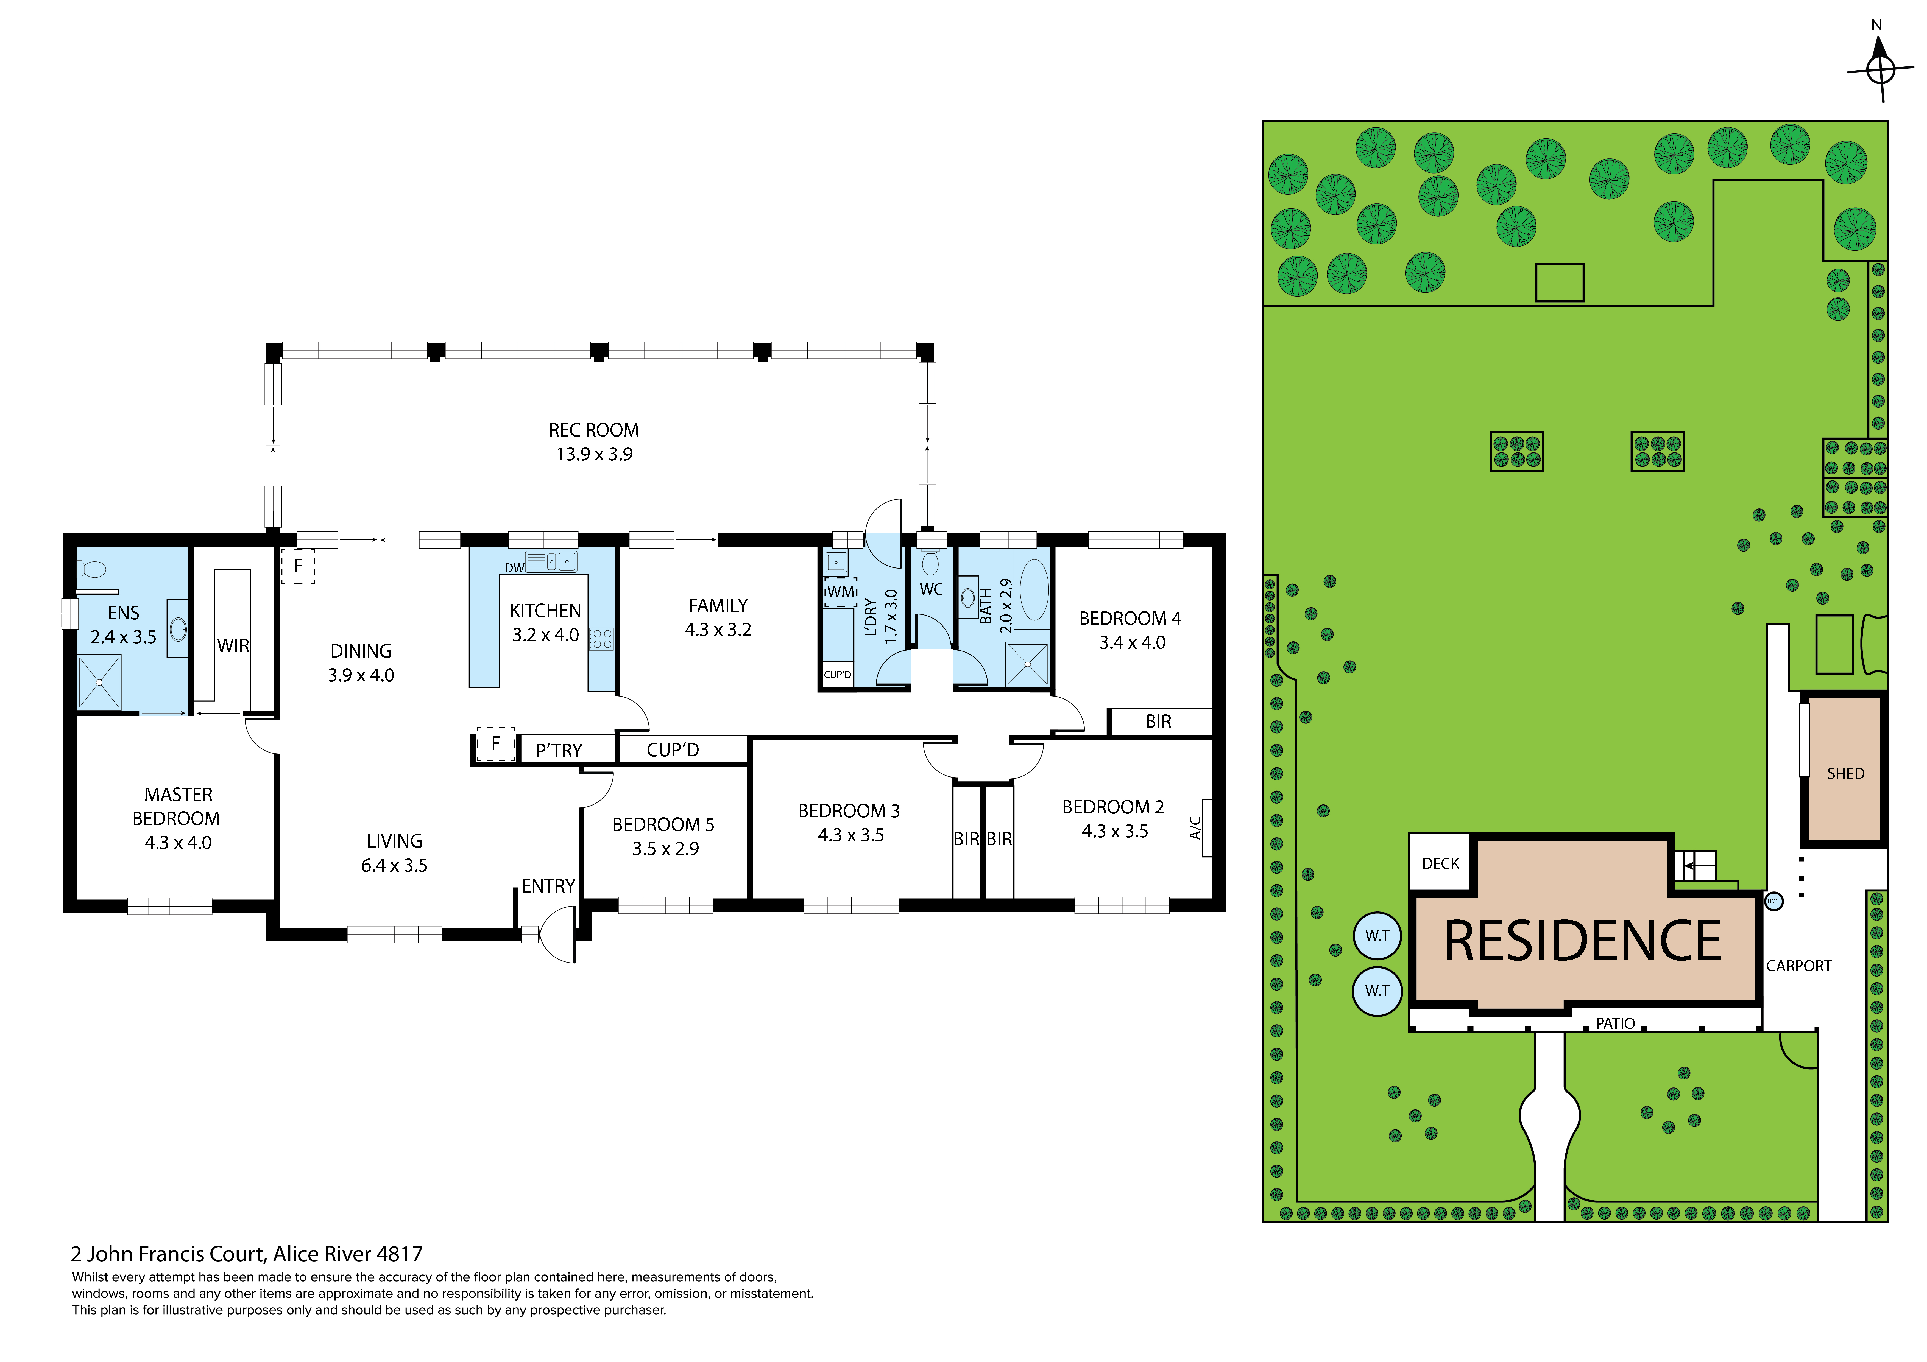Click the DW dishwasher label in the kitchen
(x=514, y=568)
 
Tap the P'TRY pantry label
(x=559, y=750)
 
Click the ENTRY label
(x=548, y=886)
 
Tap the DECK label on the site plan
(x=1440, y=863)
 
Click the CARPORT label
(x=1798, y=966)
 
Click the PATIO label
(x=1615, y=1023)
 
